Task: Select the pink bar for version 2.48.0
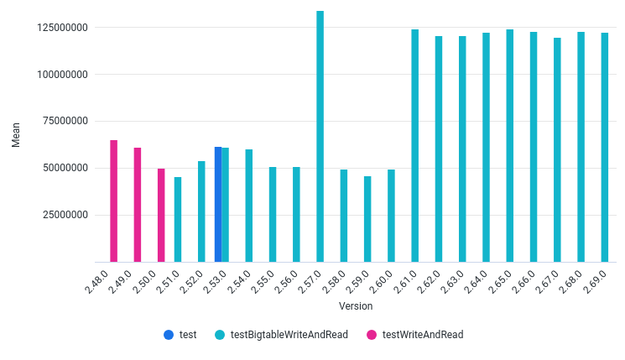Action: pos(113,201)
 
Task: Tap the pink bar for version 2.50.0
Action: pos(161,216)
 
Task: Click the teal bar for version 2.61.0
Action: pos(414,146)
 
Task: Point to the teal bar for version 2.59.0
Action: pos(367,219)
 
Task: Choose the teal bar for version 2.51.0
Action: pos(178,220)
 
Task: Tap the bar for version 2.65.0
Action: pos(509,146)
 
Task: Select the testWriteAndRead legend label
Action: pos(422,334)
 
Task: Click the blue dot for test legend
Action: pos(169,334)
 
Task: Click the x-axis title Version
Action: pos(356,306)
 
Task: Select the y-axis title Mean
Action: pos(16,133)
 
